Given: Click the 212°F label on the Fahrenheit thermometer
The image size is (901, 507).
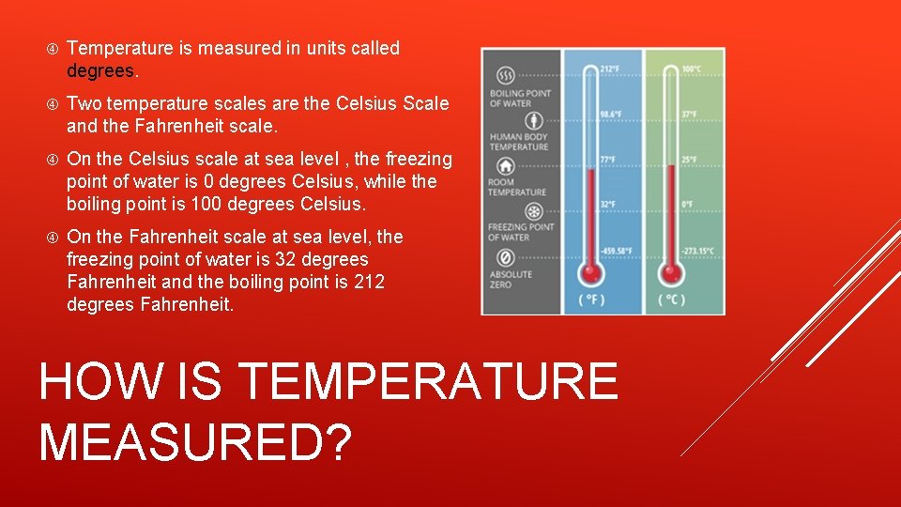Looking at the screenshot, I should click(609, 69).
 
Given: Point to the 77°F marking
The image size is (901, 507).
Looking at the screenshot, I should click(608, 160).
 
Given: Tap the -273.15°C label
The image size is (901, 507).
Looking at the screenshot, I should click(698, 251).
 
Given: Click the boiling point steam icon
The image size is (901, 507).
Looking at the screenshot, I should click(506, 75).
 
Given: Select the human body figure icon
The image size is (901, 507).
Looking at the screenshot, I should click(506, 121).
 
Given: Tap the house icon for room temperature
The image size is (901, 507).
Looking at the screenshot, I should click(506, 167).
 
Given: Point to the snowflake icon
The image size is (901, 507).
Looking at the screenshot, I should click(506, 212).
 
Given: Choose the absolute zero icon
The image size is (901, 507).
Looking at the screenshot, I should click(506, 257).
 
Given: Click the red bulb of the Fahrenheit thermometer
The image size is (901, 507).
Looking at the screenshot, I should click(590, 272).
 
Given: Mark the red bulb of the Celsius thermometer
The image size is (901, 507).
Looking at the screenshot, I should click(672, 272).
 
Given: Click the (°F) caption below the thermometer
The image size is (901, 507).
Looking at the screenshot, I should click(590, 300).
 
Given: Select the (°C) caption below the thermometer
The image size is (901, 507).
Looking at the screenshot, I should click(672, 300).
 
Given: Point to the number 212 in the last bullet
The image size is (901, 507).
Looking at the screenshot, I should click(369, 283).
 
